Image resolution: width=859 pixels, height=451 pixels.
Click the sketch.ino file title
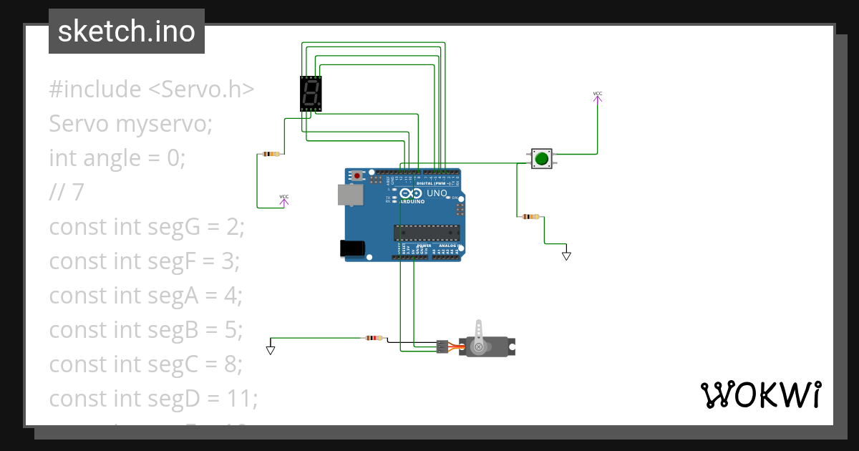pos(127,31)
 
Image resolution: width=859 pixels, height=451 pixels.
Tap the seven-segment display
pos(311,93)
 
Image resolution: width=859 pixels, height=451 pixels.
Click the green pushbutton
pos(542,158)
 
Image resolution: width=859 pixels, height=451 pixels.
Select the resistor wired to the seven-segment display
pos(271,154)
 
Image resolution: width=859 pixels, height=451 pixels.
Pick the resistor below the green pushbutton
pos(530,216)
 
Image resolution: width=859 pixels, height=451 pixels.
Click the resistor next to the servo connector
pos(373,338)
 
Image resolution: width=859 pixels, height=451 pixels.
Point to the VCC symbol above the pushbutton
pos(598,96)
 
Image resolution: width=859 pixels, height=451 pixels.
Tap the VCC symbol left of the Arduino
pos(284,199)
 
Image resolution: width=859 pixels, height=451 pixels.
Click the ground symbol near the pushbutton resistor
pos(566,255)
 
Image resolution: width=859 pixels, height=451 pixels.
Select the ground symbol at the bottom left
pos(271,350)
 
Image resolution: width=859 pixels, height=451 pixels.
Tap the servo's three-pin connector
pos(442,346)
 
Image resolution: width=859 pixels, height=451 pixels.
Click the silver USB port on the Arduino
pos(350,195)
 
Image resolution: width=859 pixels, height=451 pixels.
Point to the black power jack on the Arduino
pos(351,248)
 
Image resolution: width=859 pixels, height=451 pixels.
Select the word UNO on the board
pos(437,193)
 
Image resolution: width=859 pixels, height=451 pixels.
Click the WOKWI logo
pos(759,394)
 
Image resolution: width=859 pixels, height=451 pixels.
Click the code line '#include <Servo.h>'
pos(152,89)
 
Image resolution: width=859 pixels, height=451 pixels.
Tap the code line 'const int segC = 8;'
pos(146,364)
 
